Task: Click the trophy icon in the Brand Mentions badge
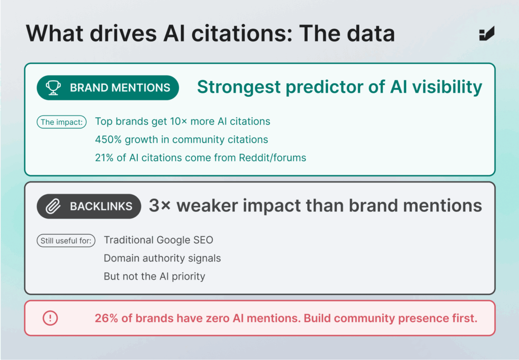coord(53,88)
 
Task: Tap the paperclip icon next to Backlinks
coord(53,206)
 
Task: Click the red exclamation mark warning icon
coord(50,318)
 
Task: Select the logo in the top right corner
coord(487,33)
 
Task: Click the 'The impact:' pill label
coord(61,122)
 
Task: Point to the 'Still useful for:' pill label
coord(66,240)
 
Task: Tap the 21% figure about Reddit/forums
coord(104,158)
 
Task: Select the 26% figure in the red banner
coord(106,318)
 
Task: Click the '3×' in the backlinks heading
coord(160,205)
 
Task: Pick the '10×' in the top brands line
coord(178,122)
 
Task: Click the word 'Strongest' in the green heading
coord(239,87)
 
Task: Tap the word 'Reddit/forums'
coord(272,158)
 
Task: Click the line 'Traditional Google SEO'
coord(159,240)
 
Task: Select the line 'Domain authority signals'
coord(162,258)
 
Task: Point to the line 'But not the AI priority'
coord(155,276)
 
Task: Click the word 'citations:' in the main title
coord(242,33)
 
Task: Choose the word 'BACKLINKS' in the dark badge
coord(101,206)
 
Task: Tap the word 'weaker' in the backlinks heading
coord(207,206)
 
